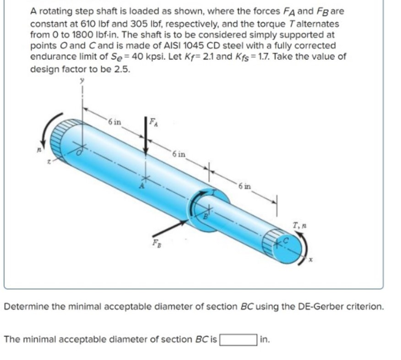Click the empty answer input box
(x=238, y=339)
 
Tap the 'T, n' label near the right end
(x=298, y=224)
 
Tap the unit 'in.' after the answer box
(x=265, y=339)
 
